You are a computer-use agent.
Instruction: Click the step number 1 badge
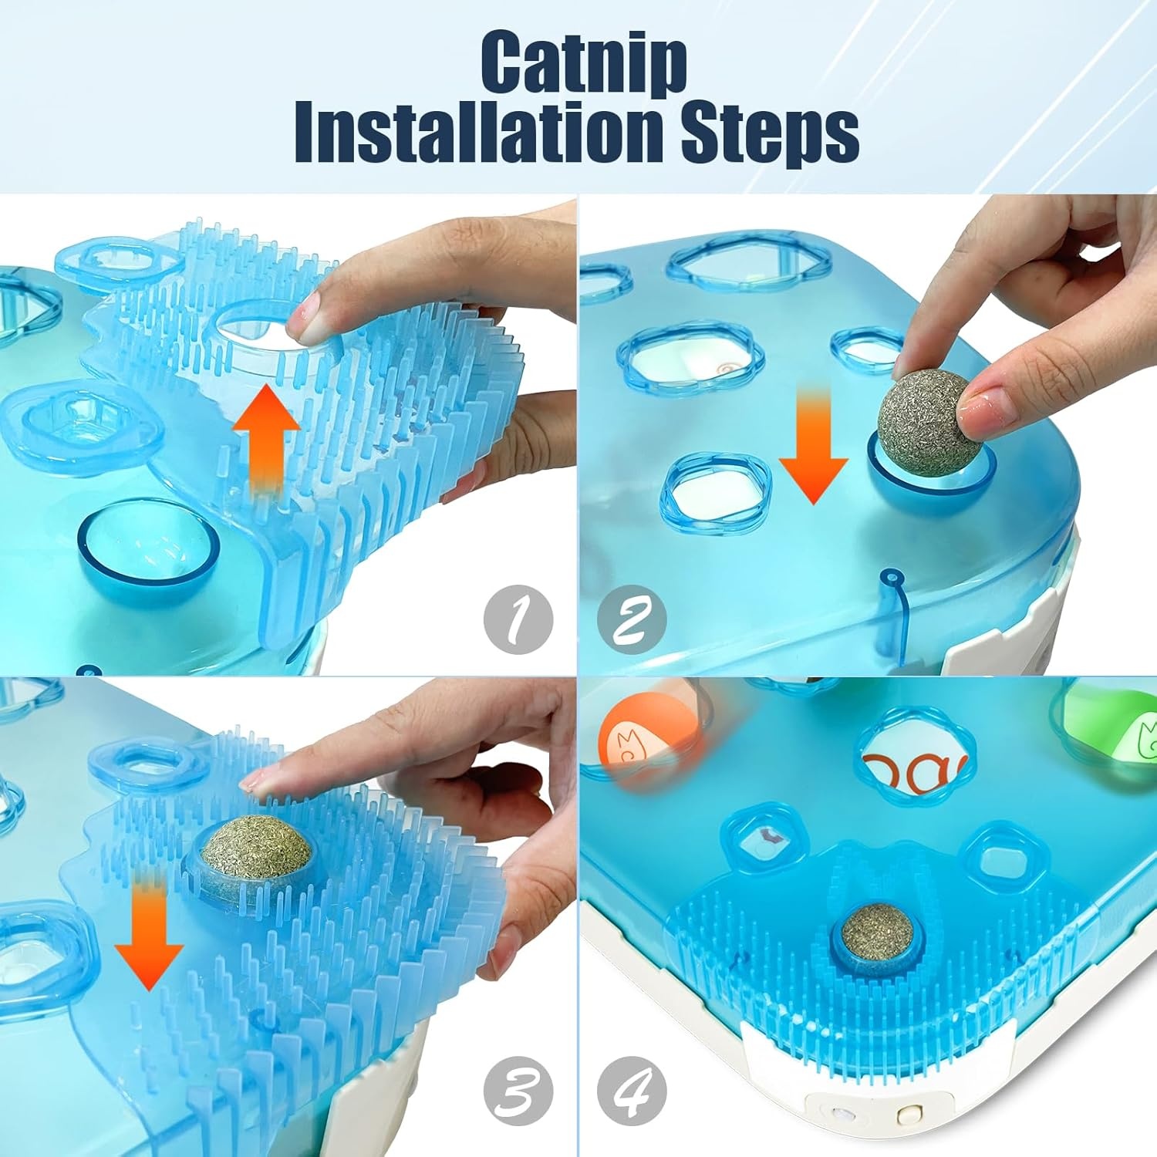[519, 621]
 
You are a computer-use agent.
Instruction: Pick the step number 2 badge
[632, 621]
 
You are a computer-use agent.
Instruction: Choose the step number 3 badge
[519, 1091]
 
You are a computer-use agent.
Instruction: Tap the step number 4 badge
[632, 1091]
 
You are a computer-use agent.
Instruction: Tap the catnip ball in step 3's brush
[256, 849]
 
